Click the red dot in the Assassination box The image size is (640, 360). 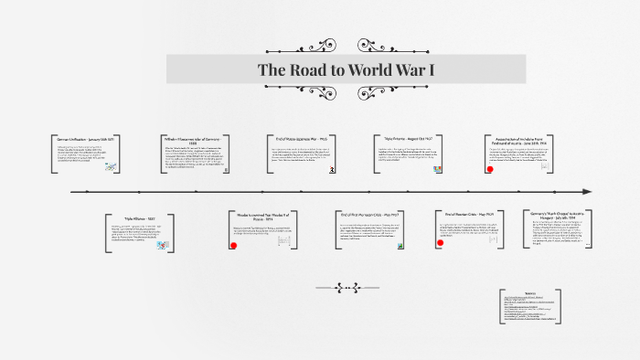(x=492, y=170)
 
